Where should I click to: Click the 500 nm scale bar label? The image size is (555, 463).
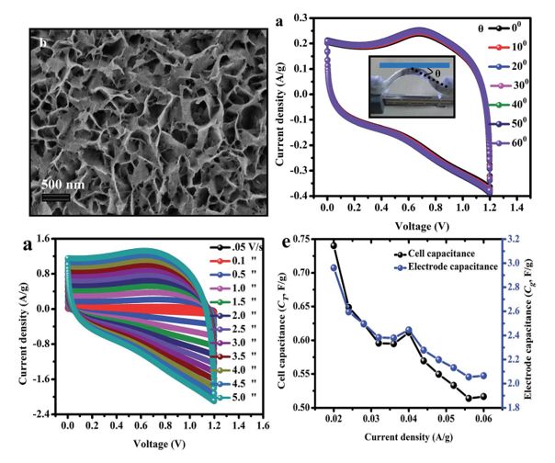[64, 180]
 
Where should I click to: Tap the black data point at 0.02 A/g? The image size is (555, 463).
[334, 245]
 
